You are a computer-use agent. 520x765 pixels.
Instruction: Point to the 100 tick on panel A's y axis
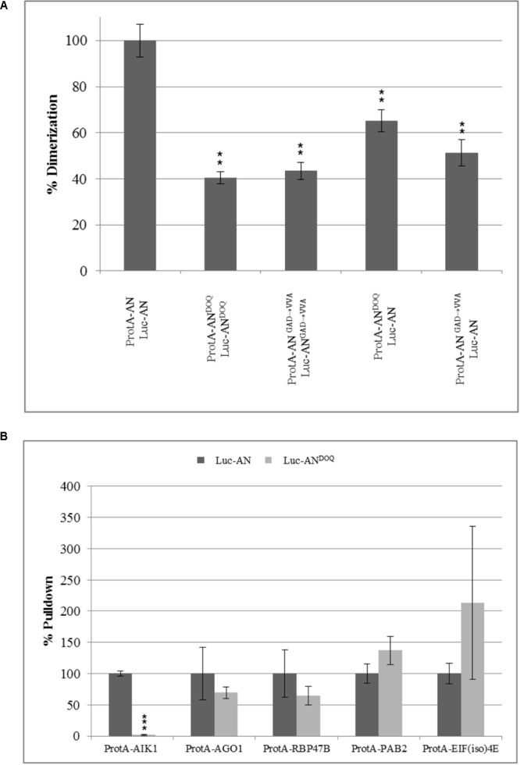98,41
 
